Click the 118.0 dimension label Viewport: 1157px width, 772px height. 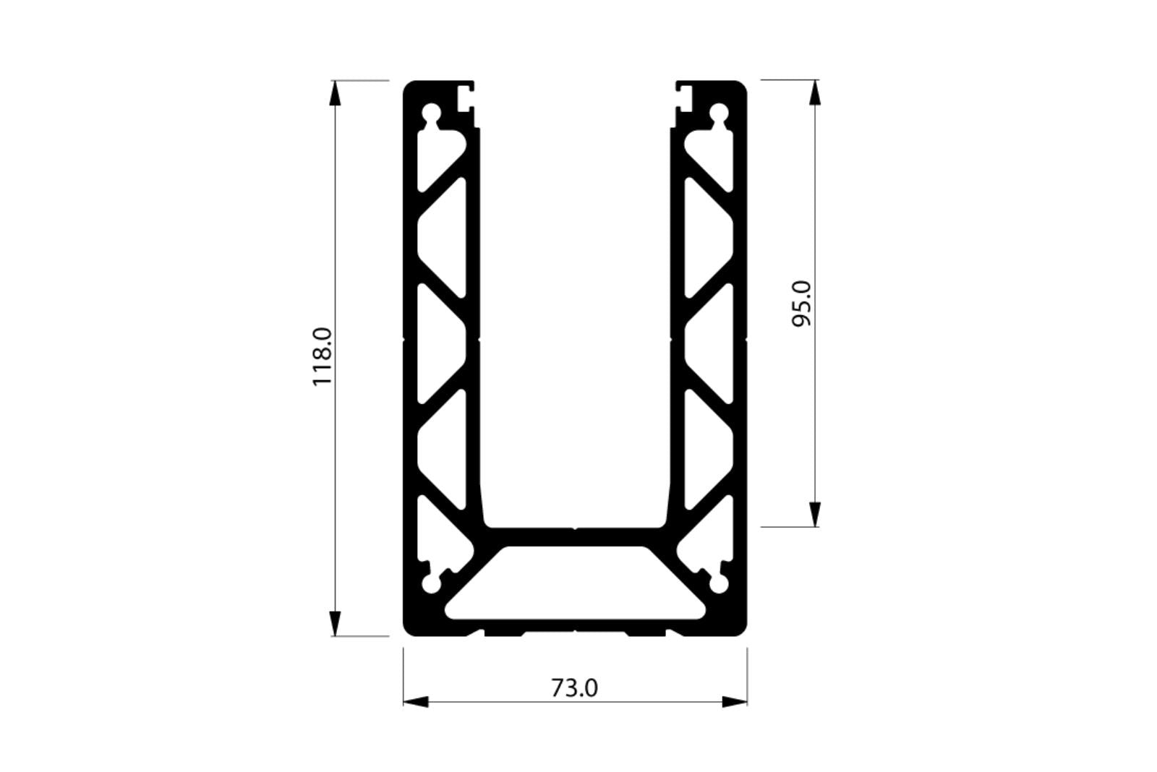coord(322,356)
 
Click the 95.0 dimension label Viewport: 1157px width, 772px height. coord(803,304)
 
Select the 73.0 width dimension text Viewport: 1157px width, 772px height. coord(575,688)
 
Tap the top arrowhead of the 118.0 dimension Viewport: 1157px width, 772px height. coord(335,94)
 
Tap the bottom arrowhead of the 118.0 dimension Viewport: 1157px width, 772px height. coord(335,623)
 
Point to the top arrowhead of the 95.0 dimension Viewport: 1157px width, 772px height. coord(815,93)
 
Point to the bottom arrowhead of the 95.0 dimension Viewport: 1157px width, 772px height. coord(815,513)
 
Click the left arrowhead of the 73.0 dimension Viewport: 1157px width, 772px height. coord(416,701)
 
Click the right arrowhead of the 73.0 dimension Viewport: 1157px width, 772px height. coord(735,701)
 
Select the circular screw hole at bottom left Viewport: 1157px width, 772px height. coord(432,583)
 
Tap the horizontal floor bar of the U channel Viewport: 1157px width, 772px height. coord(575,536)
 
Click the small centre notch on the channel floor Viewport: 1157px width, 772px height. coord(575,528)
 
